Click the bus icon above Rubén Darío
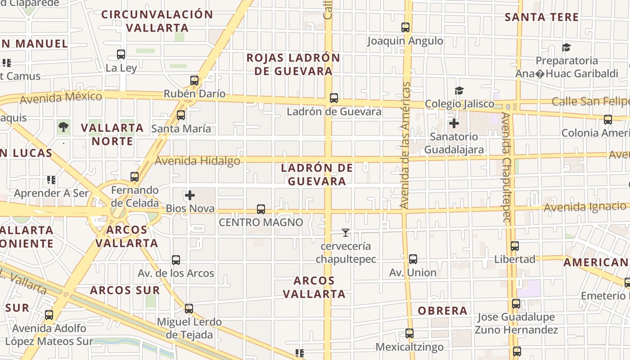[194, 81]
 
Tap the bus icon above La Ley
[121, 54]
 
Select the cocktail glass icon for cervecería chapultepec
[346, 233]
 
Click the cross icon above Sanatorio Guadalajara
[454, 123]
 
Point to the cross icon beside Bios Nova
[190, 195]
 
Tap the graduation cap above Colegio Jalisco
[459, 91]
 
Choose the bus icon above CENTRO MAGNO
[261, 209]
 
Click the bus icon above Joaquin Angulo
[405, 27]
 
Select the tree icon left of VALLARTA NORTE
[63, 127]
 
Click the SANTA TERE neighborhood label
[541, 18]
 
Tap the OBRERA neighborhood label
[442, 310]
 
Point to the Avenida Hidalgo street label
[198, 161]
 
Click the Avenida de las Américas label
[404, 145]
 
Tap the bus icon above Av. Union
[413, 259]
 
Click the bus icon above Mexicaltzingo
[409, 333]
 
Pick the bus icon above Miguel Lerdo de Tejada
[189, 309]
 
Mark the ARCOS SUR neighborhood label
[125, 290]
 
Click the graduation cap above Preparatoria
[566, 48]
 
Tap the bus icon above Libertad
[515, 246]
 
